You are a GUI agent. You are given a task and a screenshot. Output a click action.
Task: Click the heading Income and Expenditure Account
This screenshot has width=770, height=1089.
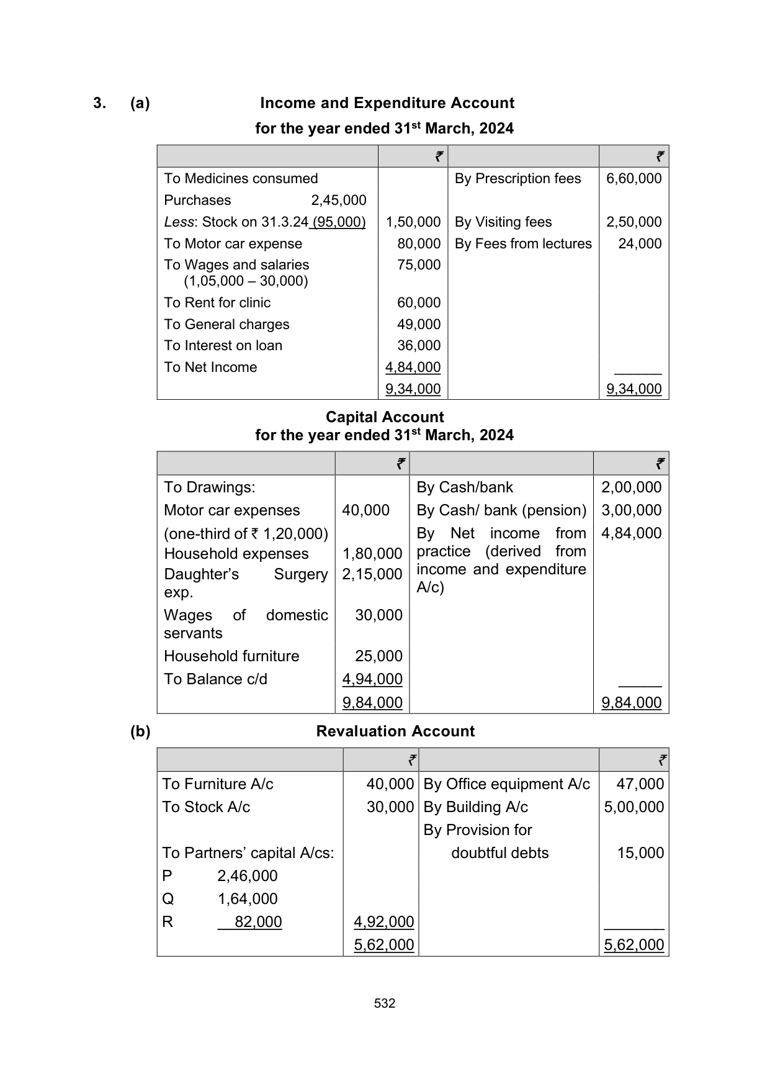pos(387,103)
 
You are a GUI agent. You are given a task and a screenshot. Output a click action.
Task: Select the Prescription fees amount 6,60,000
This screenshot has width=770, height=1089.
pos(633,179)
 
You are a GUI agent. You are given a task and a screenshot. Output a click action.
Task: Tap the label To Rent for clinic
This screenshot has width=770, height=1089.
pos(217,303)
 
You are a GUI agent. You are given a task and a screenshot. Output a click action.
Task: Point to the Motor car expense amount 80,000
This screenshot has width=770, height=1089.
pos(419,244)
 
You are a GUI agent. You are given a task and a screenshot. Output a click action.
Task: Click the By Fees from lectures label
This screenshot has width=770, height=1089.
pos(522,244)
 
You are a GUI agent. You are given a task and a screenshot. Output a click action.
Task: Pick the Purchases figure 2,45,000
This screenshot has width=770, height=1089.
pos(338,201)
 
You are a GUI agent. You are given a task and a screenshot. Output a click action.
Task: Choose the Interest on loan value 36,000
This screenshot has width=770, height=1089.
pos(419,346)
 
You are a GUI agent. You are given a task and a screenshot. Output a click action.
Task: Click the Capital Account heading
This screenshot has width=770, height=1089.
pos(385,417)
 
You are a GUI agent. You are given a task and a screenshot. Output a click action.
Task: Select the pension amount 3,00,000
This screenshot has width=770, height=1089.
pos(631,510)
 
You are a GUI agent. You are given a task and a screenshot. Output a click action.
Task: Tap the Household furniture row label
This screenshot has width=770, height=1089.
pos(231,656)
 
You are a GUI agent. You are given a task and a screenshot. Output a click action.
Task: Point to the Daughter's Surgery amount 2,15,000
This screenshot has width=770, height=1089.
pos(372,574)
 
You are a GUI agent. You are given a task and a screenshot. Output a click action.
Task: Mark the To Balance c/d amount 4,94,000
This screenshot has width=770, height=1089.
pos(372,679)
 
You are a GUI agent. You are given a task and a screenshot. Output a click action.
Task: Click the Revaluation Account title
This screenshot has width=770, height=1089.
pos(395,731)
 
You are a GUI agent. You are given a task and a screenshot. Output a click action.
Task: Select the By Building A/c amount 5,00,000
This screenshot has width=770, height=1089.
pos(633,807)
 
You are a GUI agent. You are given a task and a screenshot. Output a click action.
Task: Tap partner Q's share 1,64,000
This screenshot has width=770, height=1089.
pos(247,899)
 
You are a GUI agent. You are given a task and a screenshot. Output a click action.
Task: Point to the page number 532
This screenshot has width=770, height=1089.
pos(385,1003)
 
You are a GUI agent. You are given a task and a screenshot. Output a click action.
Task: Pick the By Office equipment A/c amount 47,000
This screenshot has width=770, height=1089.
pos(640,784)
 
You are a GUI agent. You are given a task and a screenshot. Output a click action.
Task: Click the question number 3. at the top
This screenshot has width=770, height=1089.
pos(99,103)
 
